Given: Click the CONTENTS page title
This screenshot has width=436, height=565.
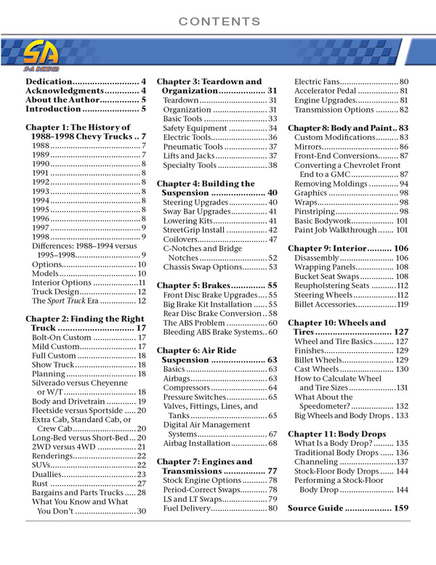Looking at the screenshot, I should pyautogui.click(x=218, y=21).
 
